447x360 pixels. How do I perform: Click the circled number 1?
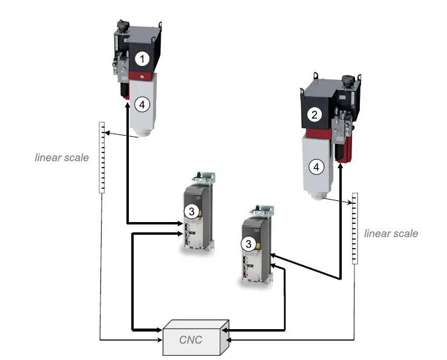tap(142, 59)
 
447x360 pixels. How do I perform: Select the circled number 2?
tap(313, 113)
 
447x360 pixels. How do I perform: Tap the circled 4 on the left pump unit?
tap(142, 104)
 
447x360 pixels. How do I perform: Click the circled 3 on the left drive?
tap(191, 211)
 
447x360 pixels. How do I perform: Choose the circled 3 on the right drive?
tap(247, 243)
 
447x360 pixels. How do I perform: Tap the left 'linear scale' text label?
tap(62, 158)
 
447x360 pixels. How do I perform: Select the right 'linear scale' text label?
tap(391, 233)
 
